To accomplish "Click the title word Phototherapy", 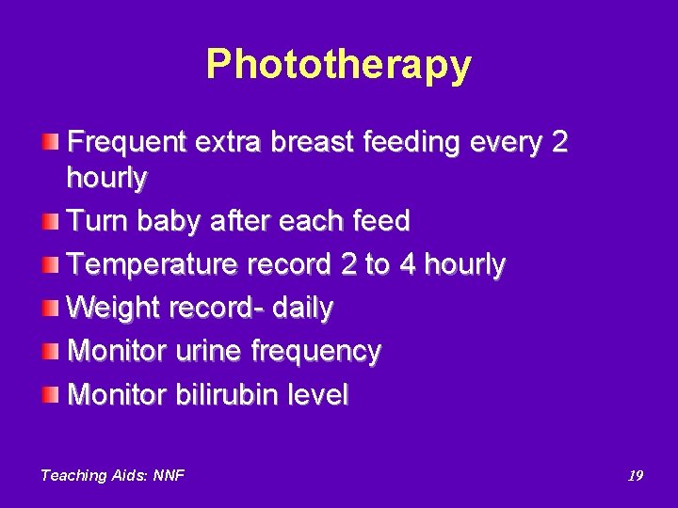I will pos(338,65).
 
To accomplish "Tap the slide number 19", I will pos(636,476).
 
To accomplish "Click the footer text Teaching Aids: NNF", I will pos(112,476).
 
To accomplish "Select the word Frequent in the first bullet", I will pos(127,143).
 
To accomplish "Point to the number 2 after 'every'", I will pos(559,143).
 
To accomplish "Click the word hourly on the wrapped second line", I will pos(107,177).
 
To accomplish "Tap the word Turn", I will pos(99,221).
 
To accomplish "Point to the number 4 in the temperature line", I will pos(407,264).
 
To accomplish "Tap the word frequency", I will pos(316,352).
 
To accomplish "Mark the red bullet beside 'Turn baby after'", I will pos(49,221).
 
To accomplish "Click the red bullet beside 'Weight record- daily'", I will pos(49,308).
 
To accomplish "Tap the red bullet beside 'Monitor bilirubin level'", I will pos(49,394).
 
